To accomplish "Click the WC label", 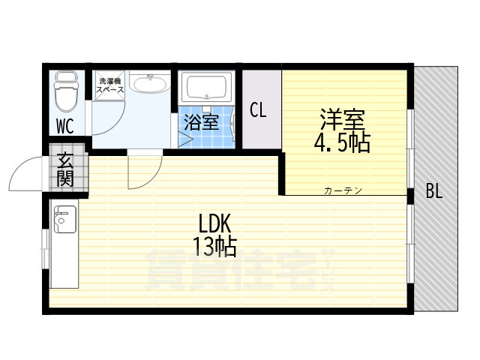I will click(x=64, y=126).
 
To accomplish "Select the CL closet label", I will click(x=258, y=110).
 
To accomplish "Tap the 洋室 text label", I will click(x=342, y=120).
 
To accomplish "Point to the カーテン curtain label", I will click(x=343, y=190).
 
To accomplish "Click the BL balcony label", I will click(x=434, y=190).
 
